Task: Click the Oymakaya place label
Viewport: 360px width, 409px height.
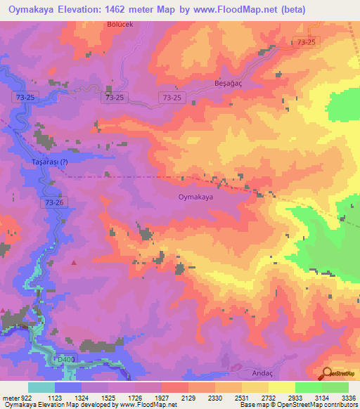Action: tap(195, 197)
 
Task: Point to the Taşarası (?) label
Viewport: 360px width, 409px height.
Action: tap(50, 162)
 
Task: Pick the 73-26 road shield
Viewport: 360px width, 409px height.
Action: tap(55, 202)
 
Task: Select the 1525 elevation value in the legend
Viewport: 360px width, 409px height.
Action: tap(108, 398)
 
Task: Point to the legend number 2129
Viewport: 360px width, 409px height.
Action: tap(188, 398)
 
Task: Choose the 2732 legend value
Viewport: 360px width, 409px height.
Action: tap(268, 398)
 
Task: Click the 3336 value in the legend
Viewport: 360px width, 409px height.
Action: tap(347, 398)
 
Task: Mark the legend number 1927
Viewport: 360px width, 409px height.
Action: tap(161, 398)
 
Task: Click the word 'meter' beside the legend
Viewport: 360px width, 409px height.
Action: tap(10, 398)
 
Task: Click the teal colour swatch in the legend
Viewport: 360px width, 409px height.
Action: tap(41, 387)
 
